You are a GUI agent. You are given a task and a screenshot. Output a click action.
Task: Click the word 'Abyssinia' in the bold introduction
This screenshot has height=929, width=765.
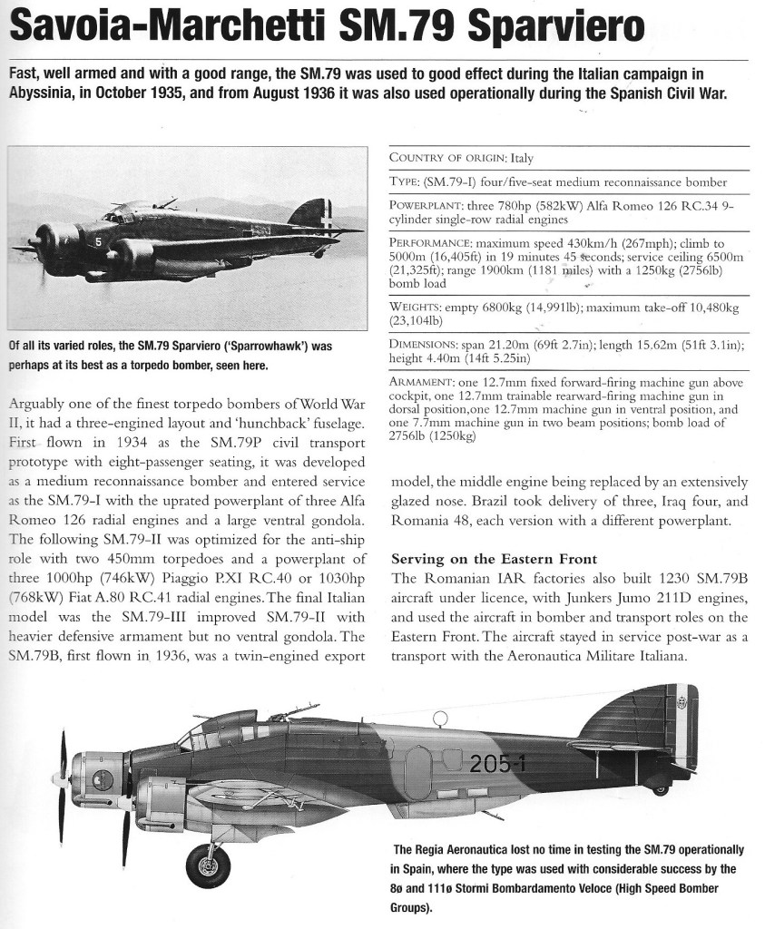(x=45, y=93)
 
